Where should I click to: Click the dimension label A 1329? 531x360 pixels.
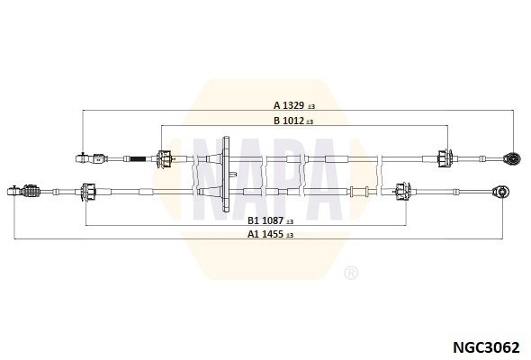click(289, 105)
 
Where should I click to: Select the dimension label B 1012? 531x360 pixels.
click(289, 121)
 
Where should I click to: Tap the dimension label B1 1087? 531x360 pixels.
click(265, 220)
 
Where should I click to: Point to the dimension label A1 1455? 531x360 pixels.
click(265, 234)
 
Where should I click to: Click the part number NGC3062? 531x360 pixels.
click(486, 347)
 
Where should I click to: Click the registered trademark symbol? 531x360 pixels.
click(351, 273)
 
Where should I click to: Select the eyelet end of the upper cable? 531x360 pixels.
click(512, 158)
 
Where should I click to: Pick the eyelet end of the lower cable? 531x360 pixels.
click(501, 192)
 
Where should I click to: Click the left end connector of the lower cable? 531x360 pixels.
click(23, 191)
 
